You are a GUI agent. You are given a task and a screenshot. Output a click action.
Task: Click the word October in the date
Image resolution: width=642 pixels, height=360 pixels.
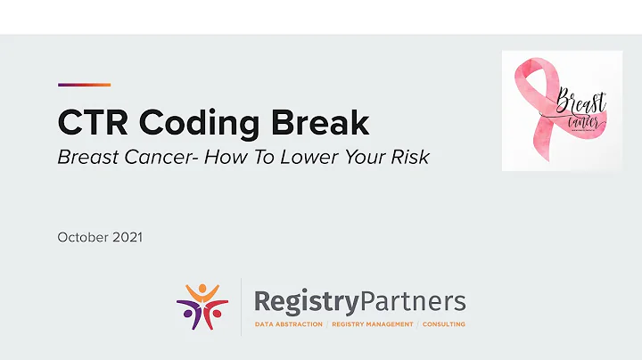[83, 237]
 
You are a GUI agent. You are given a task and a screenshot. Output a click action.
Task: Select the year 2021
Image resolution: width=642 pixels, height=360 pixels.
[128, 237]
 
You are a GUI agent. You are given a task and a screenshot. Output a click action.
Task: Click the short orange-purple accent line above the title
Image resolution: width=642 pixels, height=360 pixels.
[84, 85]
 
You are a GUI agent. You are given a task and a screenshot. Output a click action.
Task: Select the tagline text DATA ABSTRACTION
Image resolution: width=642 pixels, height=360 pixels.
[289, 324]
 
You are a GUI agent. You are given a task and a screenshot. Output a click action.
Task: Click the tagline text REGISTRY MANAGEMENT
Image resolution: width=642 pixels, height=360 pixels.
[372, 324]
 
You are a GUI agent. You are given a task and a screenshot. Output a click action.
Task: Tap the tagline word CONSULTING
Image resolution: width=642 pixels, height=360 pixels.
[444, 324]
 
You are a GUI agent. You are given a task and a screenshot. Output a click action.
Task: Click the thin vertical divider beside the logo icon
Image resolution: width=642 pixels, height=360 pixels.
[242, 307]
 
